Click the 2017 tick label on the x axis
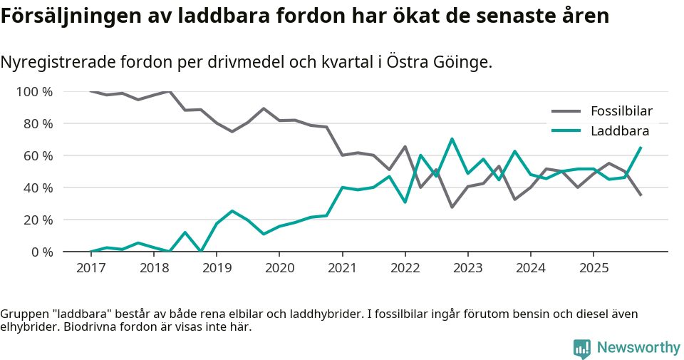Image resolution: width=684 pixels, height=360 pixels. coord(90,268)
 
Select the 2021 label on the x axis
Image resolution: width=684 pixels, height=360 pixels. coord(342,268)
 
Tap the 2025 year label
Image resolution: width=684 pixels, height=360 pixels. coord(594,268)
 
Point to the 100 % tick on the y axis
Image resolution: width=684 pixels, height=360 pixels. coord(33,91)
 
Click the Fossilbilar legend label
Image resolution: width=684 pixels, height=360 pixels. coord(621,111)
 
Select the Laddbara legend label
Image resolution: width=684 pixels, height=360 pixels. coord(620,131)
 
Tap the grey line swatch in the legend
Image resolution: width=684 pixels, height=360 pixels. coord(566,111)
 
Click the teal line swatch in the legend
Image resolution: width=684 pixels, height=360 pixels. coord(566,131)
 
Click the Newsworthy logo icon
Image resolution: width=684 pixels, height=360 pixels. coord(581,348)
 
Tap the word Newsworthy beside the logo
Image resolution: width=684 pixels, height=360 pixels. coord(638,348)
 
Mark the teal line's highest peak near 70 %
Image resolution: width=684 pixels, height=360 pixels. coord(452,139)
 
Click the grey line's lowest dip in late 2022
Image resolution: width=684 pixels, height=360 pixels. coord(452,207)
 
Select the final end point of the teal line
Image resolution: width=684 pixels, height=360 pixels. coord(641,148)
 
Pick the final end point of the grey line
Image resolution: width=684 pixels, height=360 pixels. coord(641,195)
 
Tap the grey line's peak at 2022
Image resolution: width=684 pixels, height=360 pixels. coord(405,147)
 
